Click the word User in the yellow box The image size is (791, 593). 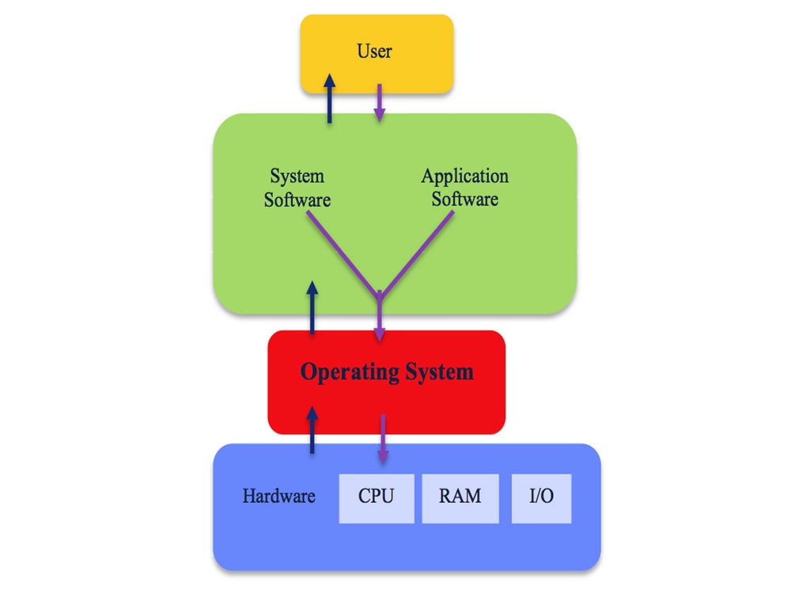pyautogui.click(x=374, y=52)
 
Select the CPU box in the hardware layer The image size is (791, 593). pyautogui.click(x=376, y=497)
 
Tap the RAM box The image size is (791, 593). pyautogui.click(x=460, y=497)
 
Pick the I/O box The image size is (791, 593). pyautogui.click(x=541, y=497)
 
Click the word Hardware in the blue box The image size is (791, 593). pyautogui.click(x=278, y=497)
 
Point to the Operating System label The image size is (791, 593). pyautogui.click(x=387, y=372)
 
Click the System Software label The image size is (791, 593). pyautogui.click(x=297, y=187)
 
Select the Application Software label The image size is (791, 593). pyautogui.click(x=465, y=187)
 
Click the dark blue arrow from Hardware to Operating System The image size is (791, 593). pyautogui.click(x=312, y=430)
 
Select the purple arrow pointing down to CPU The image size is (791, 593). pyautogui.click(x=383, y=439)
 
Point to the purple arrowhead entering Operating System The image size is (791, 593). pyautogui.click(x=380, y=332)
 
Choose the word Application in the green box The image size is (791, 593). pyautogui.click(x=465, y=176)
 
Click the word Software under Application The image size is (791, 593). pyautogui.click(x=465, y=198)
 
